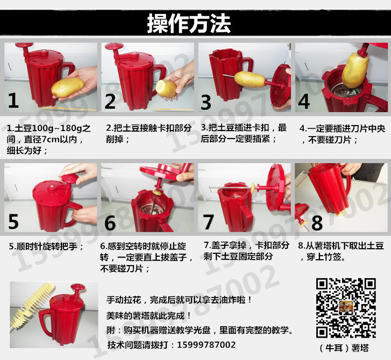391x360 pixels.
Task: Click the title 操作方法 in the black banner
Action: (189, 23)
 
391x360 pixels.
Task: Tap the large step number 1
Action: (13, 100)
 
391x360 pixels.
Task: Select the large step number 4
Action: (304, 101)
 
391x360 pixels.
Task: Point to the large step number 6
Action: (110, 222)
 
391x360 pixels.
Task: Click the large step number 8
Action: (317, 222)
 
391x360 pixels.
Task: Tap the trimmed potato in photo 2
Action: (166, 88)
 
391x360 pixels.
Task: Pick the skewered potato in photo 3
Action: (250, 79)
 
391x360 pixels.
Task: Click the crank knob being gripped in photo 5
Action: (70, 178)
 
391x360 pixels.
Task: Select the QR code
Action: (346, 308)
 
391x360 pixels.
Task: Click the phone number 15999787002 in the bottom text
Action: (206, 345)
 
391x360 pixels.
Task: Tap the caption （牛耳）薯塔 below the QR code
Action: (344, 348)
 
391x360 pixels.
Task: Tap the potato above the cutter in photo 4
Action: (355, 69)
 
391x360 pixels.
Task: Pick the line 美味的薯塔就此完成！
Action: (149, 316)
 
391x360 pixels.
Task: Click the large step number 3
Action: (206, 102)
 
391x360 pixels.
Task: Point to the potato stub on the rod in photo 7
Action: (253, 188)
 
